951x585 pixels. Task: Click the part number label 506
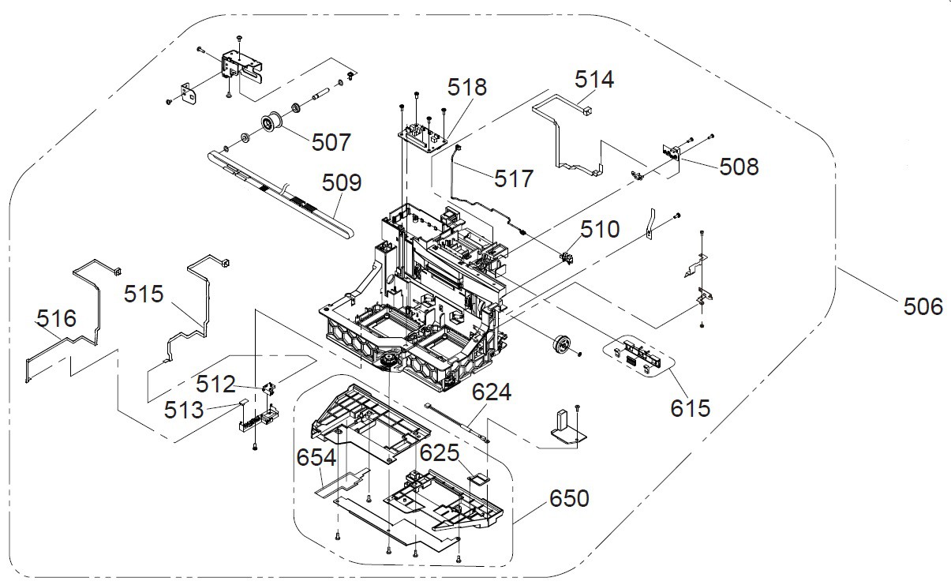923,306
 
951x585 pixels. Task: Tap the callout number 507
331,142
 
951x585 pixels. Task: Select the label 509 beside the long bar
342,183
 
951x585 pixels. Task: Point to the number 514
594,80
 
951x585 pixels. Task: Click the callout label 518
468,87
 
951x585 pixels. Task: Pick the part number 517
514,178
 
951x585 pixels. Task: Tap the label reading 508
739,167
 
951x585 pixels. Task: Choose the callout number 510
601,230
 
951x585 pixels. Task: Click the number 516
57,319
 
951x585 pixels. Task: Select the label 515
144,294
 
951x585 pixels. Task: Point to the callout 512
216,384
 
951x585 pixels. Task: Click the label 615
691,407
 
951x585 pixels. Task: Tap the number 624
492,392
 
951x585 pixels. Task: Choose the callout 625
439,453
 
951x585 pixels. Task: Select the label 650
569,499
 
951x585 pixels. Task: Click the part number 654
316,458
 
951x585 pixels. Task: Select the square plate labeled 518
426,136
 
